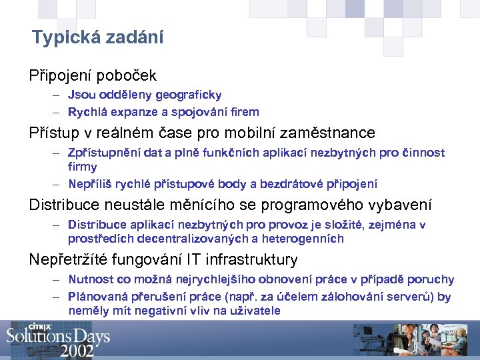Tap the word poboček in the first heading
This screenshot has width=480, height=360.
click(130, 75)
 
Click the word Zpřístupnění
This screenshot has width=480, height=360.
click(103, 153)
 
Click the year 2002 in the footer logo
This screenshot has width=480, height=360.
click(77, 351)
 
